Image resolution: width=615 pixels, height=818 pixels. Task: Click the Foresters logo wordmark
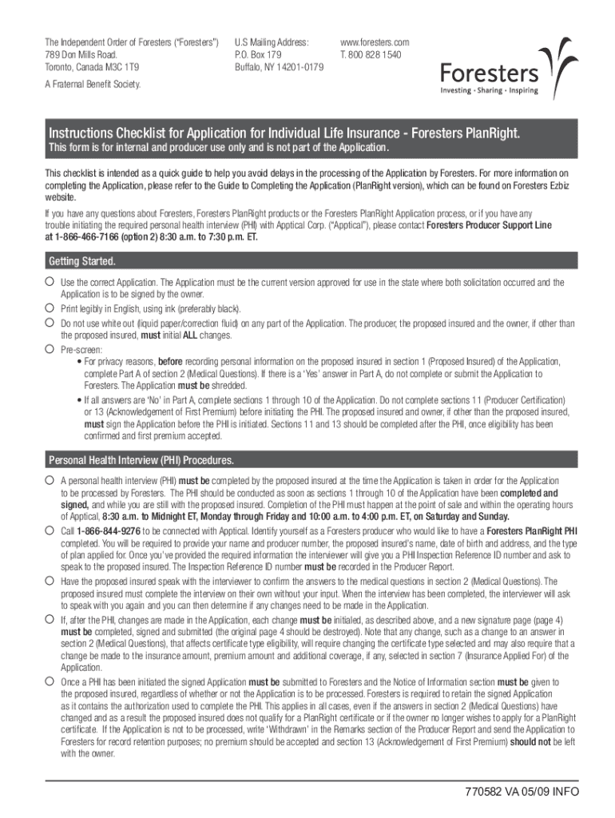point(490,74)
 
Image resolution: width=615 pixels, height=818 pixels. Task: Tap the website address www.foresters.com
point(375,42)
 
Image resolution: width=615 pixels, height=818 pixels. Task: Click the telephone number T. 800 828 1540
point(371,54)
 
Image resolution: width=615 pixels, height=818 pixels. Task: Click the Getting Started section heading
point(83,261)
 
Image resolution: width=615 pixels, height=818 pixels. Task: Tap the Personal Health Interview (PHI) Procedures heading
point(141,460)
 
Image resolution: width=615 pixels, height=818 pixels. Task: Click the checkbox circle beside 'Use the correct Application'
point(50,282)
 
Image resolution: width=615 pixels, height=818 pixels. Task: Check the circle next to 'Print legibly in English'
point(50,308)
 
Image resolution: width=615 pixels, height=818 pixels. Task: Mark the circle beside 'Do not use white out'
point(50,323)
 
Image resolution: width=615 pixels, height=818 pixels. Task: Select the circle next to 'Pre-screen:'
point(50,349)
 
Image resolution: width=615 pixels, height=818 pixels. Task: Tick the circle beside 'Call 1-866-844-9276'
point(50,530)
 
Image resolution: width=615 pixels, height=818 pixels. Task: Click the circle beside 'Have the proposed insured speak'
point(50,581)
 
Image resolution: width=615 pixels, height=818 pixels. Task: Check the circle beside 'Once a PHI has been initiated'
point(50,681)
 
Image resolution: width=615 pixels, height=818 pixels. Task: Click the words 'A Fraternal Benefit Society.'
point(93,84)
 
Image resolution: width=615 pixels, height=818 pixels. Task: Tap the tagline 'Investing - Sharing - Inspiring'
point(490,91)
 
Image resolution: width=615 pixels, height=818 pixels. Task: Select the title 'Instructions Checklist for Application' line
point(284,133)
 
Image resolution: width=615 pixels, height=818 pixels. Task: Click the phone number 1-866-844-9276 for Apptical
point(108,530)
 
